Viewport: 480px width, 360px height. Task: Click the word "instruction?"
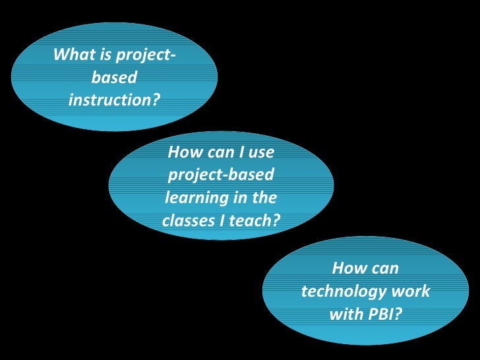click(x=114, y=101)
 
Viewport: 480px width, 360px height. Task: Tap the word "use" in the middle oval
click(x=261, y=153)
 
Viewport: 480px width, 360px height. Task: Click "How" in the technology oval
click(x=348, y=268)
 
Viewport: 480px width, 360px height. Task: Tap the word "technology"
click(x=345, y=291)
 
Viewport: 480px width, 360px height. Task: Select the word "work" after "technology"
click(x=411, y=291)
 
